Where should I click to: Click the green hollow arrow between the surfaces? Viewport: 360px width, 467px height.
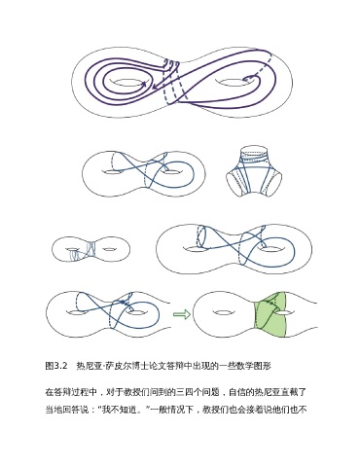click(x=182, y=314)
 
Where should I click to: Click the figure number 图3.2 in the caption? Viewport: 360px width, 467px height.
click(x=56, y=366)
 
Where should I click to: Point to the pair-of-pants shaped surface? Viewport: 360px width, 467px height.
click(x=254, y=171)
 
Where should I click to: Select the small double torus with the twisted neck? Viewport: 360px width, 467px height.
click(x=91, y=249)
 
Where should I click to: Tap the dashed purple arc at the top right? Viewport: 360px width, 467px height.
click(x=263, y=65)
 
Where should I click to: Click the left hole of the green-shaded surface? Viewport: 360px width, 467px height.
click(x=221, y=312)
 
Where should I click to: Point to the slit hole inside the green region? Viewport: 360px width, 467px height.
click(x=284, y=312)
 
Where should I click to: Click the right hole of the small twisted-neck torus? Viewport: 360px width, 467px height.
click(x=109, y=249)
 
